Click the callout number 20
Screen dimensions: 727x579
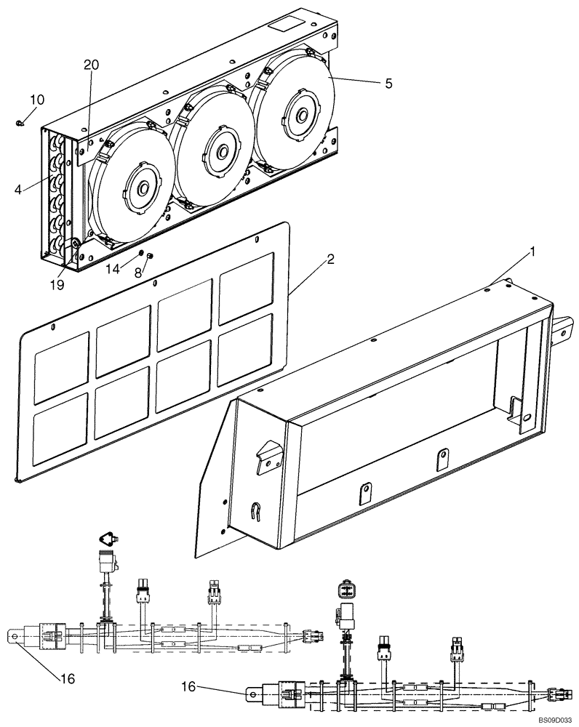(x=91, y=65)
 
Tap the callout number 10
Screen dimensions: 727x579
(x=36, y=99)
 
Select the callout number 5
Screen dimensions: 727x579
(x=388, y=84)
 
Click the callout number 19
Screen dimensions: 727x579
(x=57, y=285)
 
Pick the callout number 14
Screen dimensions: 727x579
(x=113, y=270)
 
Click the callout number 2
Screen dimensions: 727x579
(x=330, y=260)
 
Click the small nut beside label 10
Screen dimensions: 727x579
(x=19, y=123)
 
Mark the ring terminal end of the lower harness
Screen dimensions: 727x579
(x=252, y=694)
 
